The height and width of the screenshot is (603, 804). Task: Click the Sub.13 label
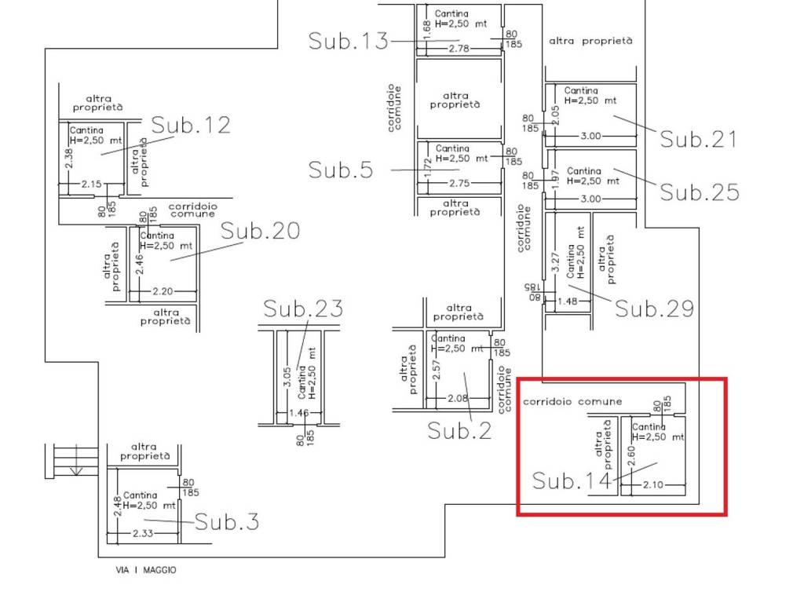pos(348,41)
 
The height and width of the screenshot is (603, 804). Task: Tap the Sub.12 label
pos(191,125)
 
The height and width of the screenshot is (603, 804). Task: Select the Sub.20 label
pos(261,231)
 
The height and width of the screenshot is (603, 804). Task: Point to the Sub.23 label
pos(303,308)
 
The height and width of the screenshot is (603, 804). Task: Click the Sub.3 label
pos(227,521)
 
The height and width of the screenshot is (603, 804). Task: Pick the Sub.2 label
pos(459,430)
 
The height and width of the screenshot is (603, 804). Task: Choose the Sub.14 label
pos(572,481)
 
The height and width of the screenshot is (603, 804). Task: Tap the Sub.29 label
pos(654,308)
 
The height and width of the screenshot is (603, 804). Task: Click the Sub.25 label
pos(700,192)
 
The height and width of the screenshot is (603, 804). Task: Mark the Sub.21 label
pos(698,139)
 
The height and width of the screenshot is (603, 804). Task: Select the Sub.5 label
pos(341,170)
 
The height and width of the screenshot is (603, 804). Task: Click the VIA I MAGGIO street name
pos(146,570)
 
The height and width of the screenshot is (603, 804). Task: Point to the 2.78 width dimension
pos(459,49)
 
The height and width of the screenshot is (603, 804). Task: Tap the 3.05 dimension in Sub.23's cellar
pos(287,377)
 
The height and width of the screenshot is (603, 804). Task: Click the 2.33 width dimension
pos(143,533)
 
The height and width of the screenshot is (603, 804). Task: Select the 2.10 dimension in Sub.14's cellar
pos(653,484)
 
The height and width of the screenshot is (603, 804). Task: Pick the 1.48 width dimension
pos(568,301)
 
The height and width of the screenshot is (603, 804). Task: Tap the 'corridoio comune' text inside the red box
pos(572,401)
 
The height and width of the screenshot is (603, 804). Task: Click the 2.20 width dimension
pos(163,291)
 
